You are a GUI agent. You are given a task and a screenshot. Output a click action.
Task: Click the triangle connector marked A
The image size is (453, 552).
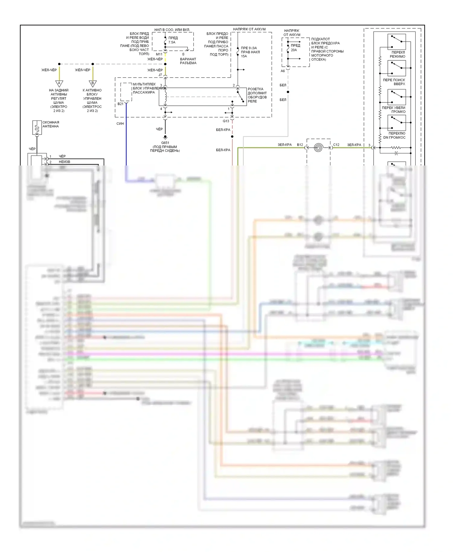(x=59, y=83)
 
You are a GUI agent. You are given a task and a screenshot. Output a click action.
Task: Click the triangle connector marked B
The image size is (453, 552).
(x=93, y=83)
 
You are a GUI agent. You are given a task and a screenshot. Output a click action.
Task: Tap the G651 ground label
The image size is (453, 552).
(x=165, y=143)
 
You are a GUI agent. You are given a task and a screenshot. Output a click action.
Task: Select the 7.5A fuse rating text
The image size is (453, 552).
(x=172, y=42)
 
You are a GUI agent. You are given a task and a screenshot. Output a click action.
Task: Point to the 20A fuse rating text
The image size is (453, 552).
(x=294, y=50)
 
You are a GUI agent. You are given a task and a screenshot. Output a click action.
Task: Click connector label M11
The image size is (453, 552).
(x=159, y=54)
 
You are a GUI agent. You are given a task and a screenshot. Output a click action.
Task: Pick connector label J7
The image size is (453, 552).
(x=160, y=75)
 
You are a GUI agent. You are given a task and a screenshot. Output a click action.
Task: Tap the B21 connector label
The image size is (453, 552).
(x=120, y=104)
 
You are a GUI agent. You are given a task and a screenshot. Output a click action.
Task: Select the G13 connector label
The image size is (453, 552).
(x=226, y=121)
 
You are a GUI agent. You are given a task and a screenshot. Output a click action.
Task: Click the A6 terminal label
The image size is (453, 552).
(x=283, y=71)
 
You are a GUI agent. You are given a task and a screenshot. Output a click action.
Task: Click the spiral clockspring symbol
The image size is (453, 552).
(x=318, y=148)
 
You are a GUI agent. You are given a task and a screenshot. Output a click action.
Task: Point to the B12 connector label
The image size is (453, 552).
(x=300, y=145)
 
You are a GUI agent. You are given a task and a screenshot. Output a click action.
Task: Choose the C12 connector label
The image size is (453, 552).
(x=336, y=145)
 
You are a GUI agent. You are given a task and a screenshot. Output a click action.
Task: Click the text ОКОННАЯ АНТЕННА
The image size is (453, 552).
(x=50, y=124)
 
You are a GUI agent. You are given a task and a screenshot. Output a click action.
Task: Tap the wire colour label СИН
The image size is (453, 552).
(x=120, y=124)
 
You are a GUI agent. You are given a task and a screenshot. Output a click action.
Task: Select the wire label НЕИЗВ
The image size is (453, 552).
(x=64, y=162)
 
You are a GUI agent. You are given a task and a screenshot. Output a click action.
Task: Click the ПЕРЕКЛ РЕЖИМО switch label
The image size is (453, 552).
(x=398, y=54)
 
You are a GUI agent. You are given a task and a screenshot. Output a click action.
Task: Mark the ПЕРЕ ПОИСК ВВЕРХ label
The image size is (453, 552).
(x=394, y=82)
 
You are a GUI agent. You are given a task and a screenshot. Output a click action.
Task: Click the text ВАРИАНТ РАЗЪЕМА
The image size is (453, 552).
(x=188, y=61)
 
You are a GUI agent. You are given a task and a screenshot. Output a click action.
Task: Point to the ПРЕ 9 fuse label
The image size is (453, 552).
(x=249, y=52)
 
